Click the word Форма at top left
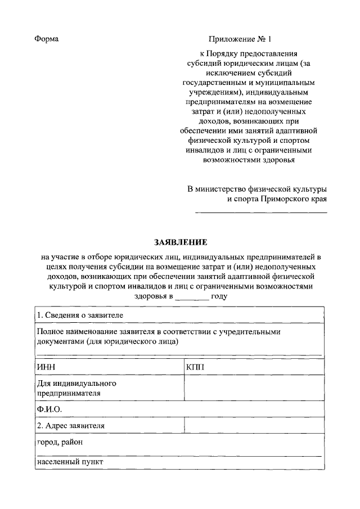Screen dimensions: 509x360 (x=47, y=39)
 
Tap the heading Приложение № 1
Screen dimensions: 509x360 (x=240, y=39)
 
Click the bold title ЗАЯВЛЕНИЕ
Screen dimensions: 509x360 (x=181, y=242)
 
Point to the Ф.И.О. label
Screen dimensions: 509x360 (x=49, y=409)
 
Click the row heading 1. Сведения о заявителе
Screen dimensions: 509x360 (x=79, y=314)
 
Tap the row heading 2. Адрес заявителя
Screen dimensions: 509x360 (x=71, y=426)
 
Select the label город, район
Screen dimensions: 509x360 (x=60, y=442)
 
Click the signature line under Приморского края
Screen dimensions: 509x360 (x=260, y=212)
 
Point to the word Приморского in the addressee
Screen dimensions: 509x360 (x=278, y=199)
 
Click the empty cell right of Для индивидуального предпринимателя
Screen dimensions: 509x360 (x=254, y=388)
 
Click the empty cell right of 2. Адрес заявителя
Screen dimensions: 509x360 (x=254, y=426)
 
